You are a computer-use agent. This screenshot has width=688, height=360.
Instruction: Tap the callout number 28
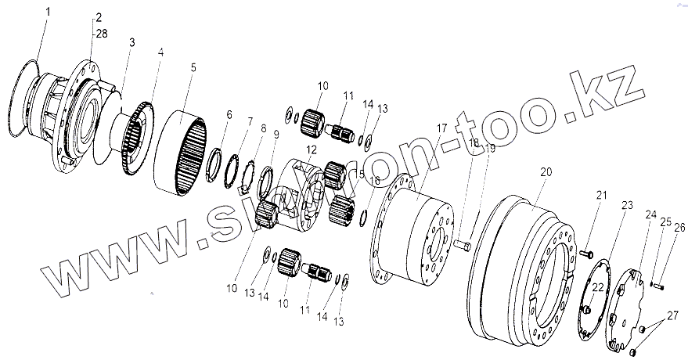pos(102,34)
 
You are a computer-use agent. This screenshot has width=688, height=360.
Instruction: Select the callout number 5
pos(193,68)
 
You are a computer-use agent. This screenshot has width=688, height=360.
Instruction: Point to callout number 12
pos(310,149)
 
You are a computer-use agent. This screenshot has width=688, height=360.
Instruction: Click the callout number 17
pos(442,128)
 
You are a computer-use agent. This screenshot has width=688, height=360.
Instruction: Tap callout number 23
pos(626,205)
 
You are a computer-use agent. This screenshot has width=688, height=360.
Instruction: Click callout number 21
pos(601,195)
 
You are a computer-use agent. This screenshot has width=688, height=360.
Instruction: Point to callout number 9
pos(275,134)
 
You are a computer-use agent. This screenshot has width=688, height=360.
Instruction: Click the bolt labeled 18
pos(462,245)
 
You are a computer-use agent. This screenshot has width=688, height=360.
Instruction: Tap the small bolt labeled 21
pos(586,254)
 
